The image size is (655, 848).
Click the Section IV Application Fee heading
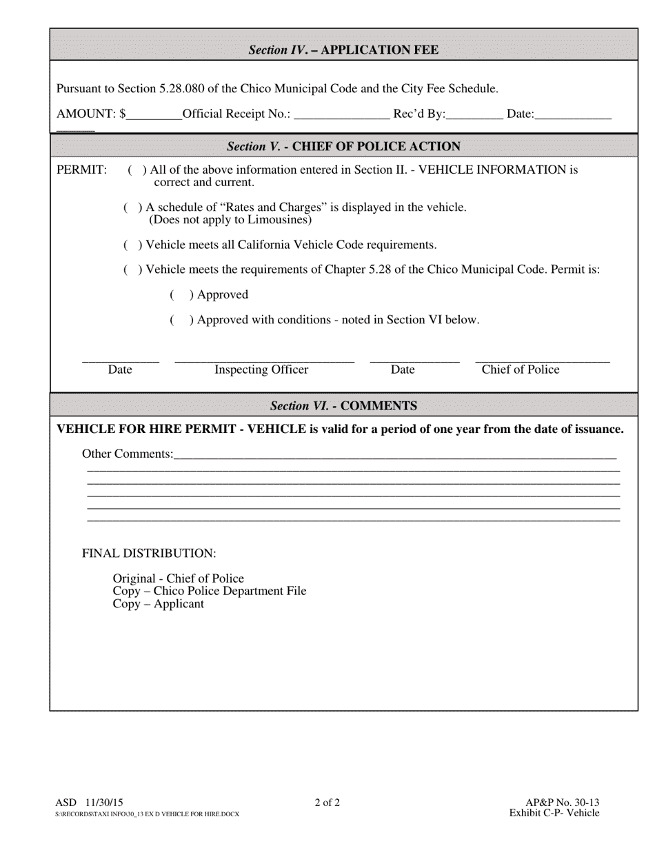coord(343,50)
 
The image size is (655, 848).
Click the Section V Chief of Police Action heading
coord(343,146)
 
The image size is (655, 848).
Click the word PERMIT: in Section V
coord(81,170)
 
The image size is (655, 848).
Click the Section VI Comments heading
coord(343,405)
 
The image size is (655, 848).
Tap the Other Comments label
coord(128,454)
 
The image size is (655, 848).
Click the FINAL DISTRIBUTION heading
coord(149,554)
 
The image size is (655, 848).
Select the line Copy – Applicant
coord(158,604)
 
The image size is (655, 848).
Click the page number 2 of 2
coord(327,802)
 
